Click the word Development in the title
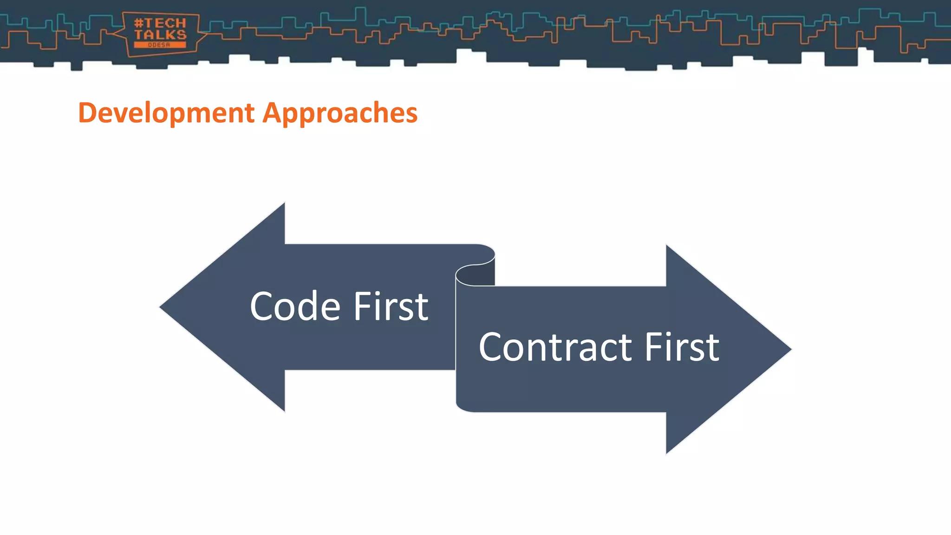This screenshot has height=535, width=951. [x=166, y=113]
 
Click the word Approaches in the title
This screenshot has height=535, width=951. [x=340, y=113]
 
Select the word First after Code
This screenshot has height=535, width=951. [x=391, y=307]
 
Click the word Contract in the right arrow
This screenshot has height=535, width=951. [x=555, y=347]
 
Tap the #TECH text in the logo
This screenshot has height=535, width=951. [x=160, y=23]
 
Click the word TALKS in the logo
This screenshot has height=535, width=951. [x=160, y=34]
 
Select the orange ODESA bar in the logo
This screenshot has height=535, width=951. [x=160, y=45]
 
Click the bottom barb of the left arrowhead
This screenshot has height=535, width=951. [x=281, y=406]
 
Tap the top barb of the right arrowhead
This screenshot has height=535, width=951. [x=669, y=251]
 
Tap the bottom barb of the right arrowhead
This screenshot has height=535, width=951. [x=669, y=448]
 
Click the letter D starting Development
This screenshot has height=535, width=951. [x=86, y=113]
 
